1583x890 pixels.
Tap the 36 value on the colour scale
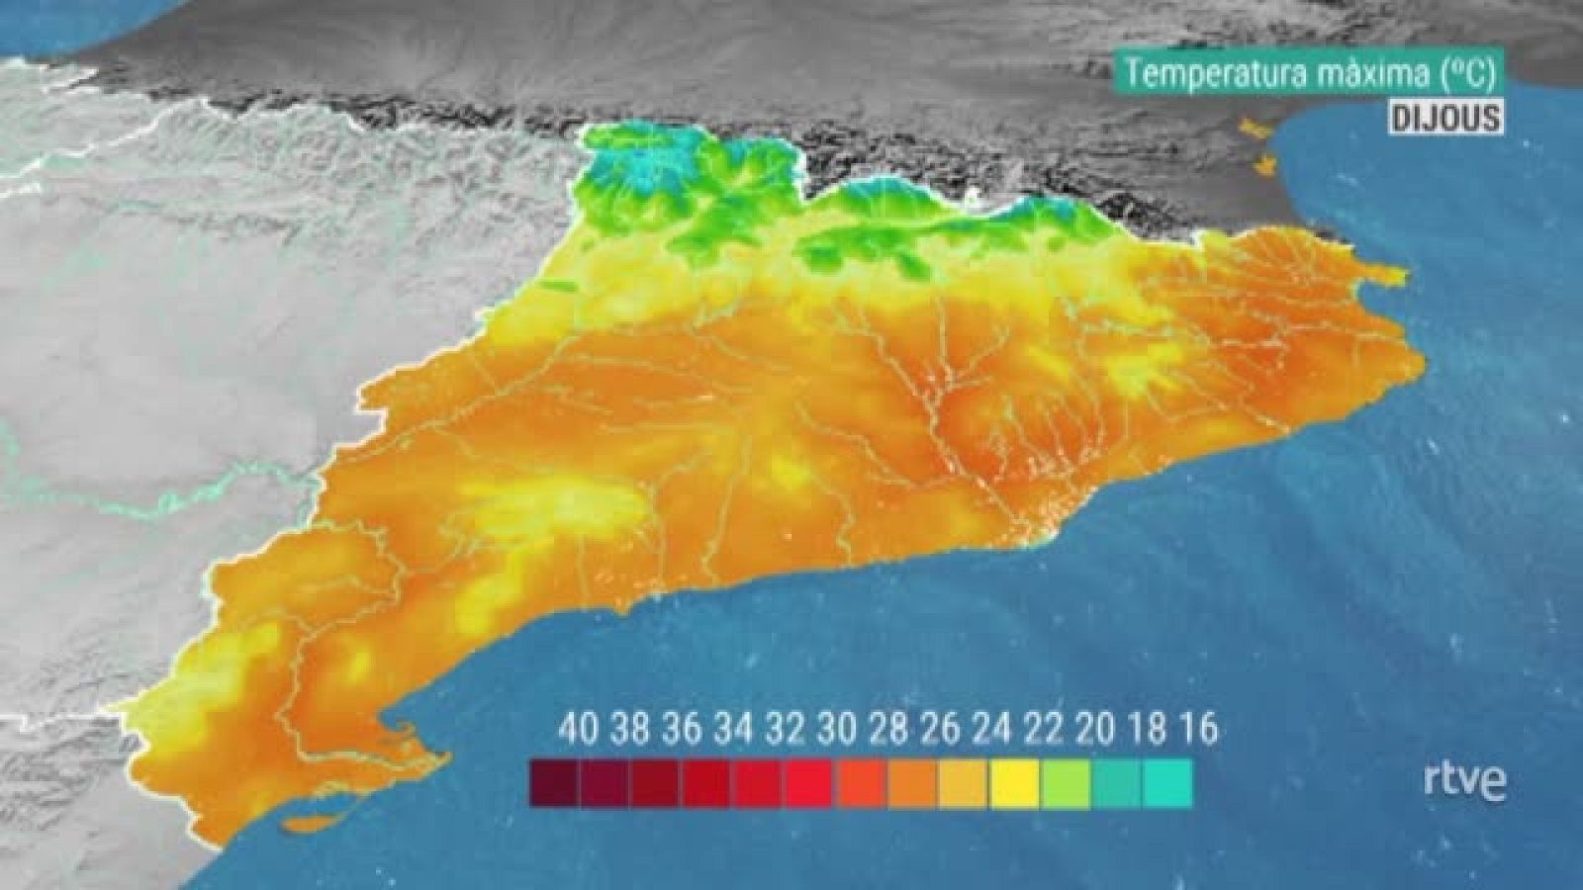pos(682,730)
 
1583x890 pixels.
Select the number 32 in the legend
pos(785,730)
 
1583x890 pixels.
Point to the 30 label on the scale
pos(837,730)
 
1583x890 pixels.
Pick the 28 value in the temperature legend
pos(888,730)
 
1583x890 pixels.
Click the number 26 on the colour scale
pos(940,730)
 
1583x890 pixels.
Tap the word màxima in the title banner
pos(1371,75)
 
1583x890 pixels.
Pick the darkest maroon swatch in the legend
pos(554,782)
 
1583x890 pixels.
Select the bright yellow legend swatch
pos(1013,782)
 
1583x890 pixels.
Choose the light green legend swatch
pos(1065,782)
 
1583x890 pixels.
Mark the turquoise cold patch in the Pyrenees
pos(648,168)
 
